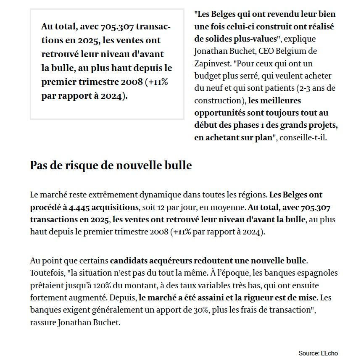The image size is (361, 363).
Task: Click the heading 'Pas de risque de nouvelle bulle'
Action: pyautogui.click(x=111, y=166)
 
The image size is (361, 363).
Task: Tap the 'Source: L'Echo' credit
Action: pyautogui.click(x=318, y=353)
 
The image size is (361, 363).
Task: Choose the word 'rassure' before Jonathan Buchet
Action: pyautogui.click(x=43, y=323)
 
